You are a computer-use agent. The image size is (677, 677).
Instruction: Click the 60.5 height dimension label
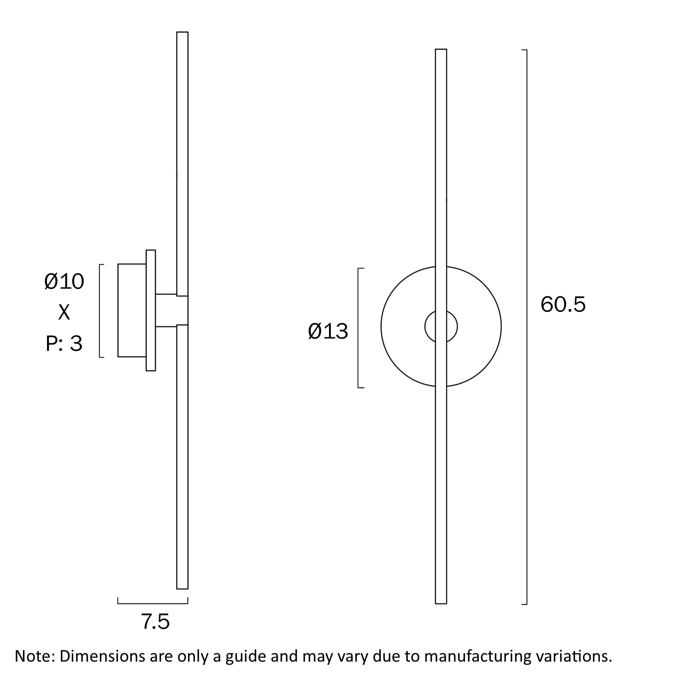(563, 304)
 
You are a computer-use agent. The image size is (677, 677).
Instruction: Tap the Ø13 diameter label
(328, 331)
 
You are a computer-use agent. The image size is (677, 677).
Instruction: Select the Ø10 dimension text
(64, 282)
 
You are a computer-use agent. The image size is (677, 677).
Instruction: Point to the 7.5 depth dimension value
(155, 621)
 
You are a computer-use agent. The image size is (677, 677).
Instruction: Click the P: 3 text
(64, 343)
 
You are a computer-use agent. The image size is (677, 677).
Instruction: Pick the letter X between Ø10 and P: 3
(64, 312)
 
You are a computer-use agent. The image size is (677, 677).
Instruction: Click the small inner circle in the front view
(441, 327)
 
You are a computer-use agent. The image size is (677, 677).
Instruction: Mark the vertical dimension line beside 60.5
(526, 327)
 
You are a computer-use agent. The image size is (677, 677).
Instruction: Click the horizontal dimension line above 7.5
(153, 603)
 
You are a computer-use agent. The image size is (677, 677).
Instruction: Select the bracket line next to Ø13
(358, 328)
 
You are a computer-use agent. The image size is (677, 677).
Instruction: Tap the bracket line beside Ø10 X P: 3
(100, 311)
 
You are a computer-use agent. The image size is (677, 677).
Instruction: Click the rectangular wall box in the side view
(132, 310)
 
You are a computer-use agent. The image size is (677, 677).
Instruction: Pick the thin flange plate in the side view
(151, 310)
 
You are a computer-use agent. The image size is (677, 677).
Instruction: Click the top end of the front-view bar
(441, 49)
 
